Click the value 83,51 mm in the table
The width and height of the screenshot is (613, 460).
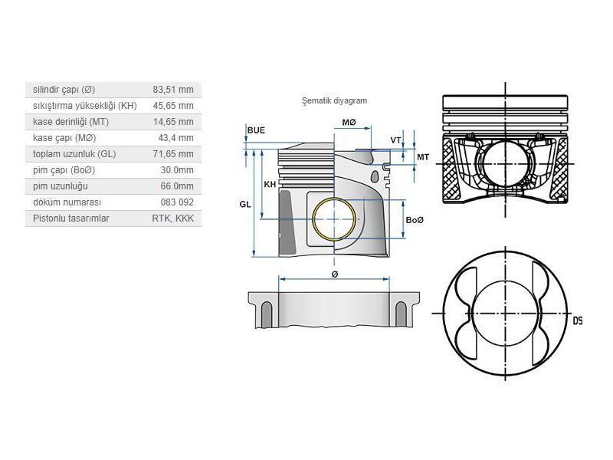(x=174, y=90)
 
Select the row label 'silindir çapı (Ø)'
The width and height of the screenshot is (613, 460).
(x=64, y=90)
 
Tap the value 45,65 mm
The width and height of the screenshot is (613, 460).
(x=174, y=106)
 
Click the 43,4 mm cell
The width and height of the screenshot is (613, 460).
(x=176, y=138)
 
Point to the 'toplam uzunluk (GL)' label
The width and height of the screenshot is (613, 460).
(x=74, y=154)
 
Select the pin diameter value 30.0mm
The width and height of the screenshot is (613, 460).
(x=177, y=170)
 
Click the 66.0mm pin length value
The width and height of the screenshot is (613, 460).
(x=177, y=186)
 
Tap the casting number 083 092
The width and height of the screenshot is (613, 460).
(x=178, y=202)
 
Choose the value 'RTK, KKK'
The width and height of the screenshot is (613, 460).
(x=173, y=219)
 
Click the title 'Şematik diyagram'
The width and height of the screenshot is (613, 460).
(x=336, y=100)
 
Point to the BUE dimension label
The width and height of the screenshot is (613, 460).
(x=256, y=130)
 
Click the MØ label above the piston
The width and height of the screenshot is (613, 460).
(x=349, y=123)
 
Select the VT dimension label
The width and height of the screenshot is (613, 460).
(x=395, y=140)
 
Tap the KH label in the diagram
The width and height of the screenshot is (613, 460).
(x=270, y=185)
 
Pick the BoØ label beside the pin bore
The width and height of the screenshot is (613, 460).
(x=415, y=220)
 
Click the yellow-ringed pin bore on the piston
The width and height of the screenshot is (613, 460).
(x=335, y=219)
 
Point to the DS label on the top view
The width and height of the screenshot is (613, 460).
(x=577, y=320)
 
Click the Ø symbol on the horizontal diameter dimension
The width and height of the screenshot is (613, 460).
(x=335, y=274)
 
